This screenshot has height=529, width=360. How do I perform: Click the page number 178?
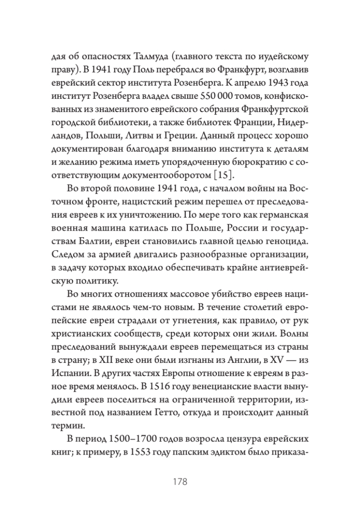180,481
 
